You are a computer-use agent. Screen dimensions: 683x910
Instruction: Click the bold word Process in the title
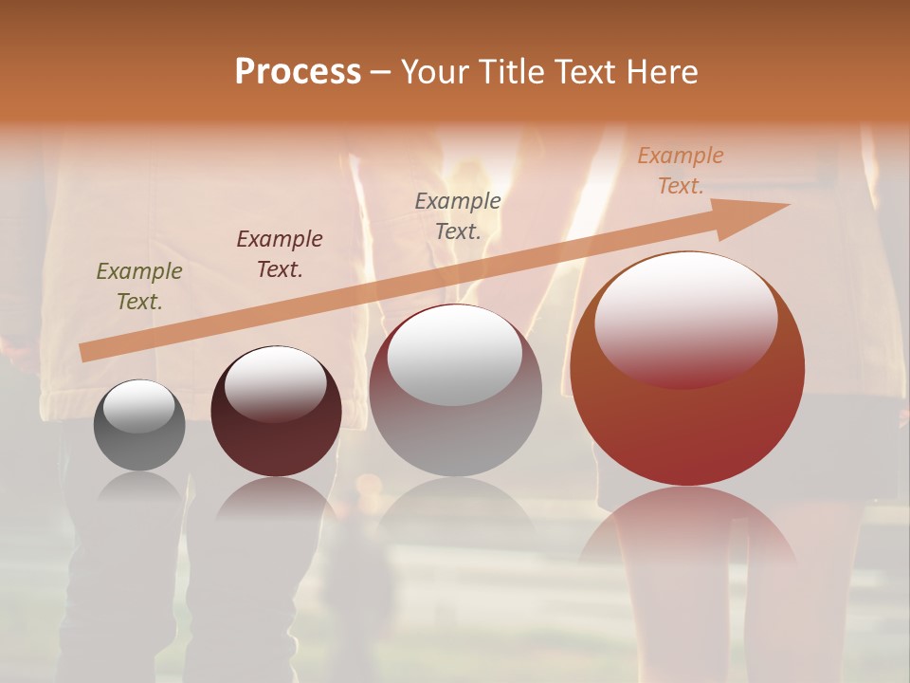point(298,72)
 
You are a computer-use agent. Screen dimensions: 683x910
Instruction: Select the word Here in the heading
point(664,72)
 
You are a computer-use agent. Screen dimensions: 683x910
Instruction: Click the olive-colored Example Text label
point(139,286)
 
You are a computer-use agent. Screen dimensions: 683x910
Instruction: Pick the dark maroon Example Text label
point(280,253)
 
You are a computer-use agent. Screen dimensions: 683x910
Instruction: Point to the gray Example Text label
point(458,215)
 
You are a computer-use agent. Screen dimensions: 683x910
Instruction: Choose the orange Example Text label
point(681,171)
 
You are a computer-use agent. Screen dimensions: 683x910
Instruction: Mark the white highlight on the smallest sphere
point(138,406)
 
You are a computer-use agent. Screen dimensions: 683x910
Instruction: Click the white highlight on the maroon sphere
point(275,383)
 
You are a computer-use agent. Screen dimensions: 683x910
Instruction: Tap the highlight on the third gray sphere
point(455,355)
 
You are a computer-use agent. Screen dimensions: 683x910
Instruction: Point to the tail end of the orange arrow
point(87,353)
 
